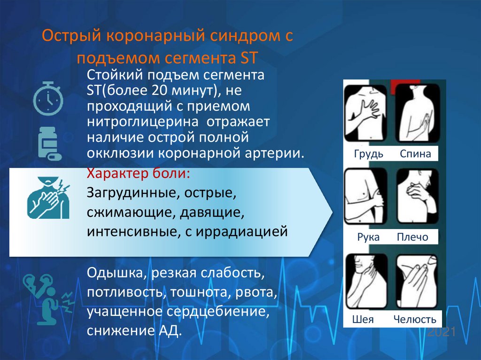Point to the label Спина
click(415, 154)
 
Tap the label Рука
click(368, 237)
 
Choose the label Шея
click(363, 320)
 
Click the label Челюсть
click(415, 320)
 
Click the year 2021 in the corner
click(442, 332)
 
